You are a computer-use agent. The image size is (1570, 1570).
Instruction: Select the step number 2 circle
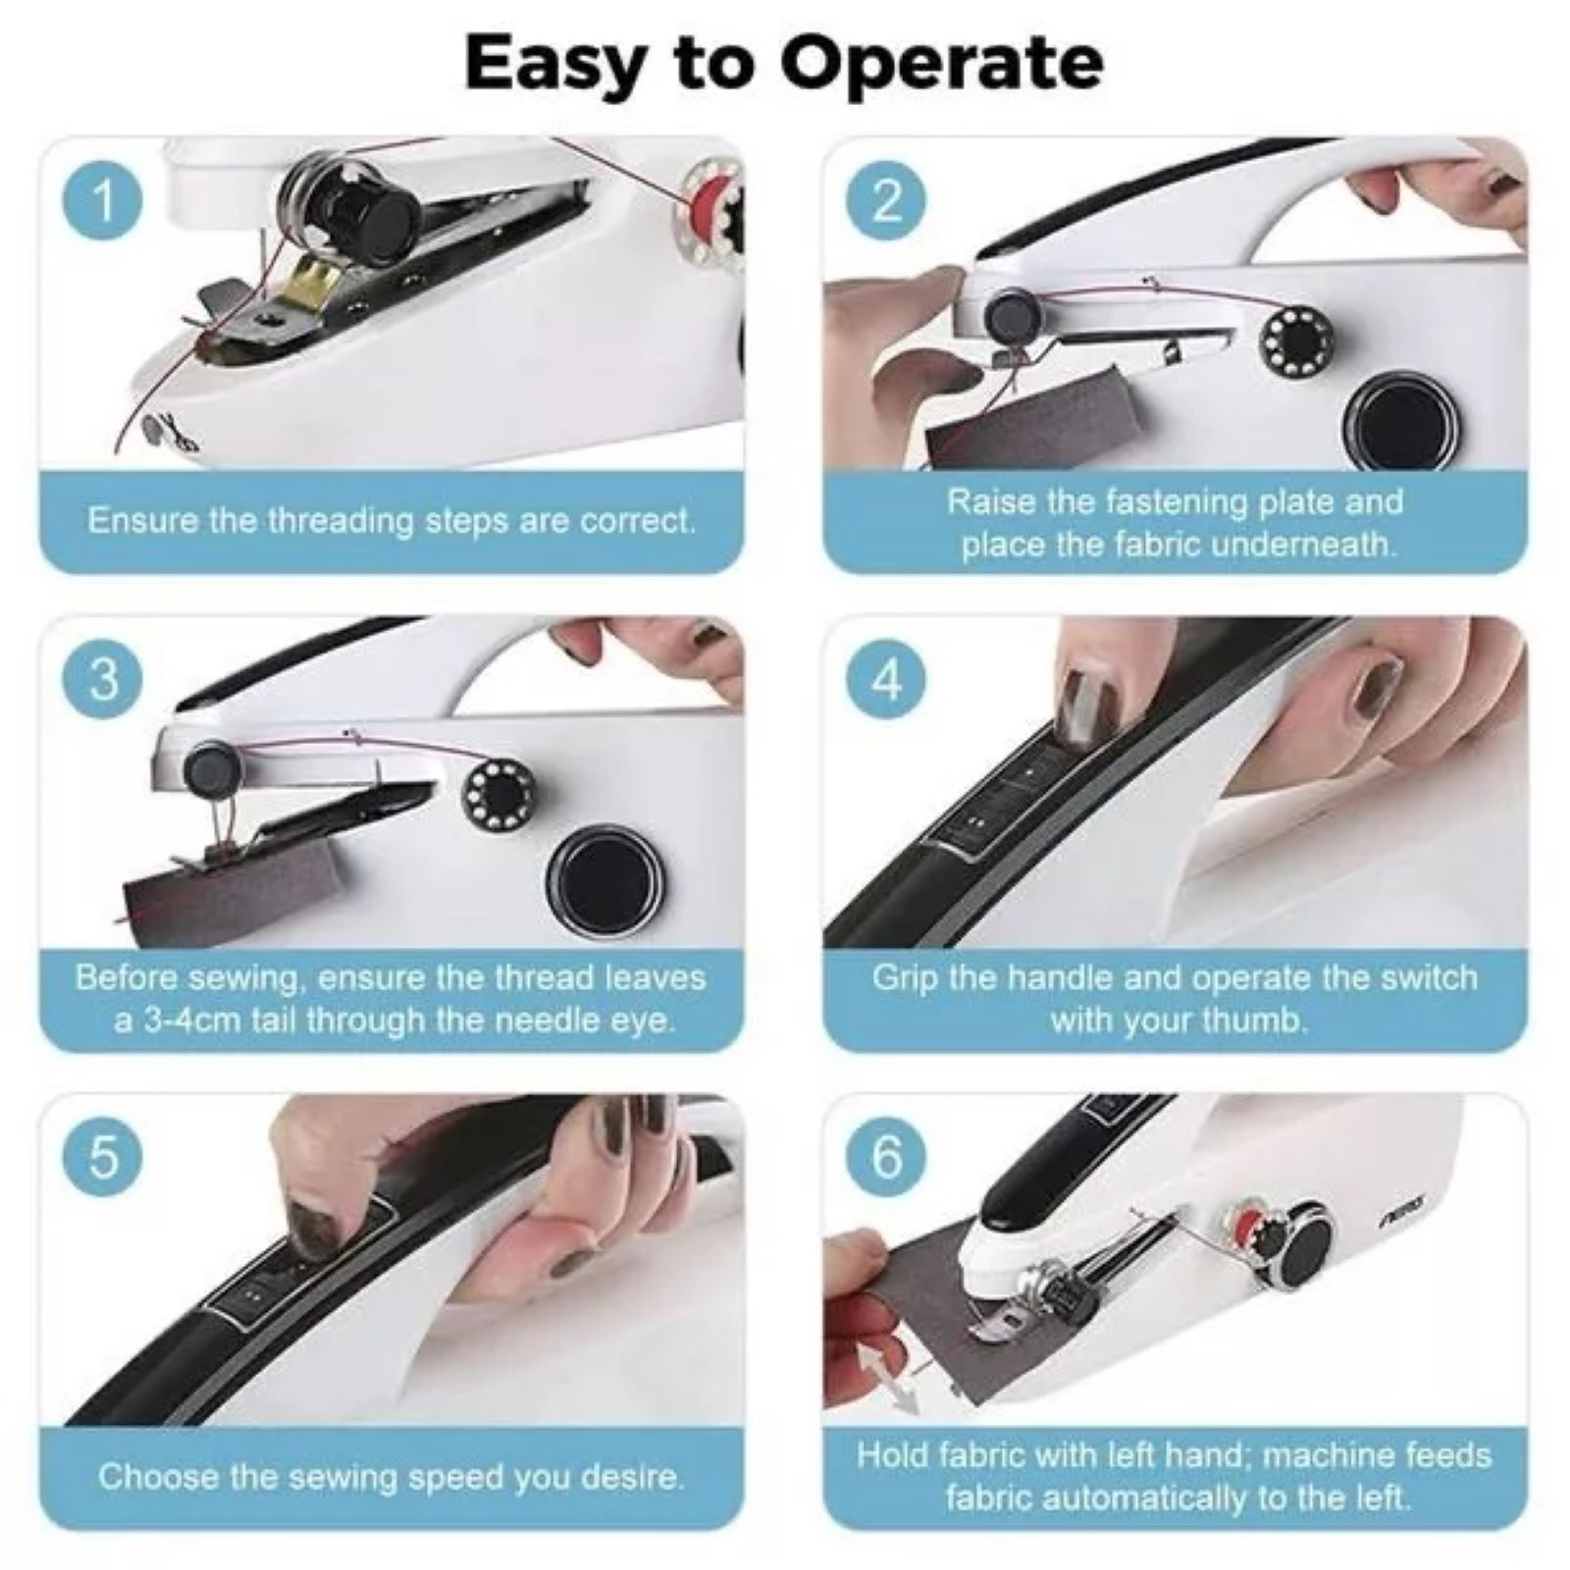point(886,201)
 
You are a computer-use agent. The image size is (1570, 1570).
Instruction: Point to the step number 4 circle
point(886,679)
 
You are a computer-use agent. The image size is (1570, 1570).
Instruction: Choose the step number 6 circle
point(886,1158)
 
